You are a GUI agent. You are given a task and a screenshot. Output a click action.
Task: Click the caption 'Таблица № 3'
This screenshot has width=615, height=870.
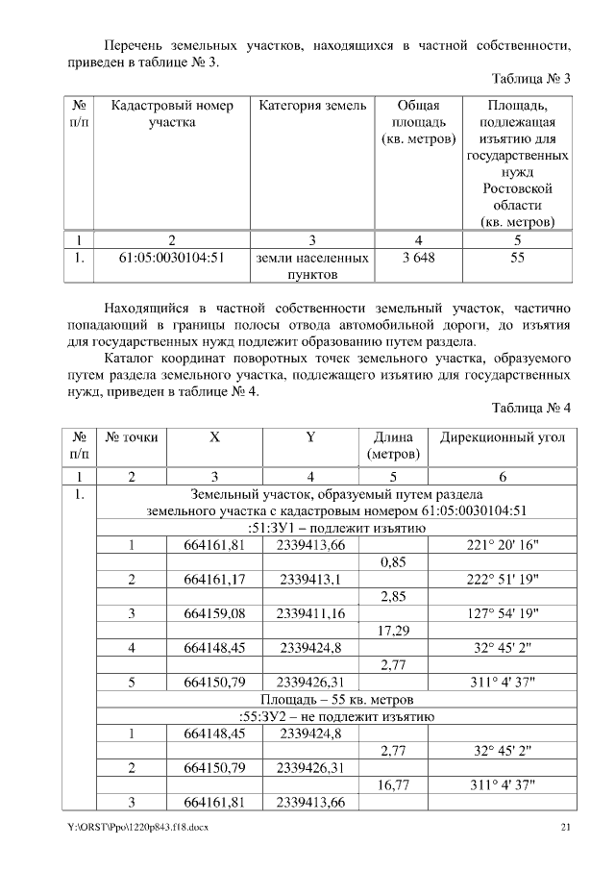pos(531,79)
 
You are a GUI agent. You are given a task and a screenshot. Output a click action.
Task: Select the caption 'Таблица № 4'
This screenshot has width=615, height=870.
pos(531,408)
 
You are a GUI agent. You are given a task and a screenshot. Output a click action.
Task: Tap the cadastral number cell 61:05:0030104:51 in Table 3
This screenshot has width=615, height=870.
pos(171,258)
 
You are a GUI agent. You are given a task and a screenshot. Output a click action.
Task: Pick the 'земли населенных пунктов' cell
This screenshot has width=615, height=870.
pos(312,266)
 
